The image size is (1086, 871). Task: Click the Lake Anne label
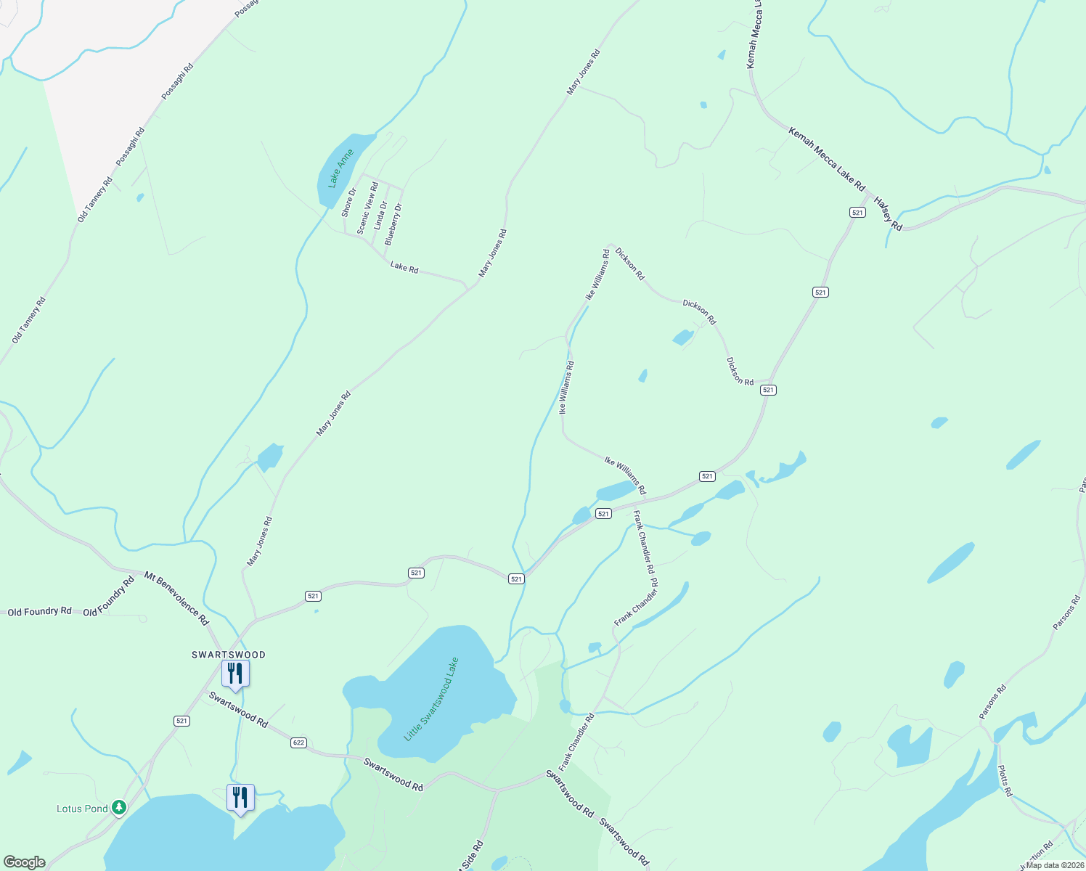[340, 168]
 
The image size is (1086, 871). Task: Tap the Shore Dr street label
[349, 203]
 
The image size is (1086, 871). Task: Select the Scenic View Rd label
[367, 208]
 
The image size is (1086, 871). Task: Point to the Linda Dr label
[381, 216]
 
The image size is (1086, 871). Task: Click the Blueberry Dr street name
[393, 223]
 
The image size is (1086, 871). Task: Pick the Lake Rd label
[404, 267]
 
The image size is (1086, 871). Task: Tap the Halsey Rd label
[888, 214]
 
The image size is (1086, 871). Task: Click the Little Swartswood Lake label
[432, 699]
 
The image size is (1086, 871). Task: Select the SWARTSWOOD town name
[229, 655]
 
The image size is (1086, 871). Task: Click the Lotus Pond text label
[82, 809]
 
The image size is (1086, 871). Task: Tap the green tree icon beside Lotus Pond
[119, 808]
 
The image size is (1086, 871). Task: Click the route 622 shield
[298, 743]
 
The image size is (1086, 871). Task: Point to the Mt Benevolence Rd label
[176, 599]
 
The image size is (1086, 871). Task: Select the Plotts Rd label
[1005, 781]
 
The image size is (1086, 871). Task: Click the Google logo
[25, 862]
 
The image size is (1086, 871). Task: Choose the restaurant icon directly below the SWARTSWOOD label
[235, 674]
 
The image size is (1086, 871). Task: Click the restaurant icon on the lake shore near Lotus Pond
[240, 798]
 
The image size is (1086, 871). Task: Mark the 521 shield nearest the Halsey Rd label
[858, 212]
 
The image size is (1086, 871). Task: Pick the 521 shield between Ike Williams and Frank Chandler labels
[603, 513]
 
